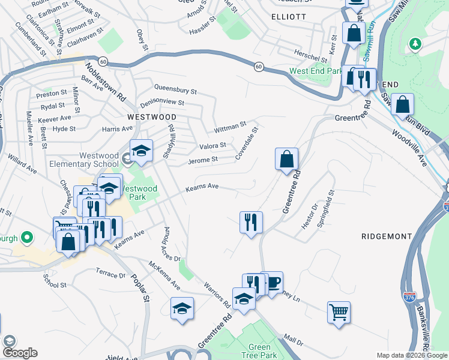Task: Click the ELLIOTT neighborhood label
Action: tap(288, 17)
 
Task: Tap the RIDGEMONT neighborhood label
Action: tap(385, 236)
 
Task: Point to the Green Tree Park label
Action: tap(259, 350)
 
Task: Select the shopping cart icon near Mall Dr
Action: tap(339, 312)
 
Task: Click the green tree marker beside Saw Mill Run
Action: tap(414, 44)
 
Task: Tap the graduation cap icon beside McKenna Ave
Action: tap(182, 309)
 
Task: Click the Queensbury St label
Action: tap(175, 91)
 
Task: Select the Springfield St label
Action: tap(332, 205)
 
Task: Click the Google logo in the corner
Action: tap(20, 353)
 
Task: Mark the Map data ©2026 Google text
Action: tap(411, 355)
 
